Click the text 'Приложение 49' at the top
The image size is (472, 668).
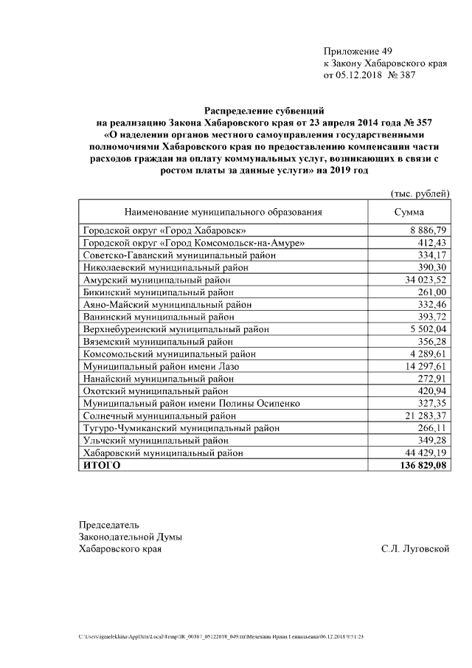tap(358, 51)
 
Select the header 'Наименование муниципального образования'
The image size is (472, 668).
tap(223, 212)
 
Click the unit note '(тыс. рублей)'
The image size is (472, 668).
tap(419, 193)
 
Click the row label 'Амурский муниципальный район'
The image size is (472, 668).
tap(157, 281)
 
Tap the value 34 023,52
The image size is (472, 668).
tap(426, 281)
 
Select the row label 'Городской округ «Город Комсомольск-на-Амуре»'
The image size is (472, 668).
tap(194, 243)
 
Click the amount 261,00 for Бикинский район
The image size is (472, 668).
tap(431, 293)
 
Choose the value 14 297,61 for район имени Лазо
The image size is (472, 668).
tap(426, 366)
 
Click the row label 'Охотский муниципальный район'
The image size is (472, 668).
tap(156, 390)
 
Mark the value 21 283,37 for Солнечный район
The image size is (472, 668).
tap(426, 416)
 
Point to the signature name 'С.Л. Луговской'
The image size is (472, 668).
tap(415, 549)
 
